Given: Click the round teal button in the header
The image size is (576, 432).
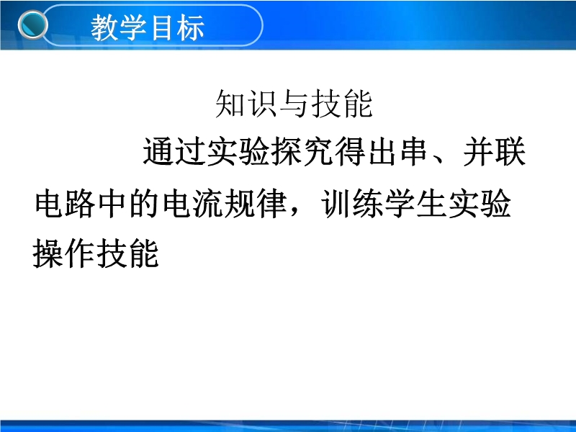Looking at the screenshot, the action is (x=32, y=24).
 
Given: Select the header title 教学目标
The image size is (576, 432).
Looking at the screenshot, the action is (x=148, y=27).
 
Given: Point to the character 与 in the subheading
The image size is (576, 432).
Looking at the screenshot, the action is (x=294, y=104).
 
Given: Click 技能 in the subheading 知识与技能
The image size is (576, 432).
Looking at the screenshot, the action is (x=342, y=104).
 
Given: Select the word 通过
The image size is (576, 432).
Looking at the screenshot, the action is (x=174, y=151).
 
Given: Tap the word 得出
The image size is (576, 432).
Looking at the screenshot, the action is (x=367, y=151).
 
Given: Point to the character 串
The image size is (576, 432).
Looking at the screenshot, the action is (x=414, y=151).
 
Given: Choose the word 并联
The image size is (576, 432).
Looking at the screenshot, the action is (x=495, y=151).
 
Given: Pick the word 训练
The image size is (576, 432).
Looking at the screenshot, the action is (x=352, y=203).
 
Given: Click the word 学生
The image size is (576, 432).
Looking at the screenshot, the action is (x=416, y=203).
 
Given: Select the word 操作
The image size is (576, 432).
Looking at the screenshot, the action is (x=63, y=253).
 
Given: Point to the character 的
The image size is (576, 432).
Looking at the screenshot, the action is (x=145, y=203).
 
